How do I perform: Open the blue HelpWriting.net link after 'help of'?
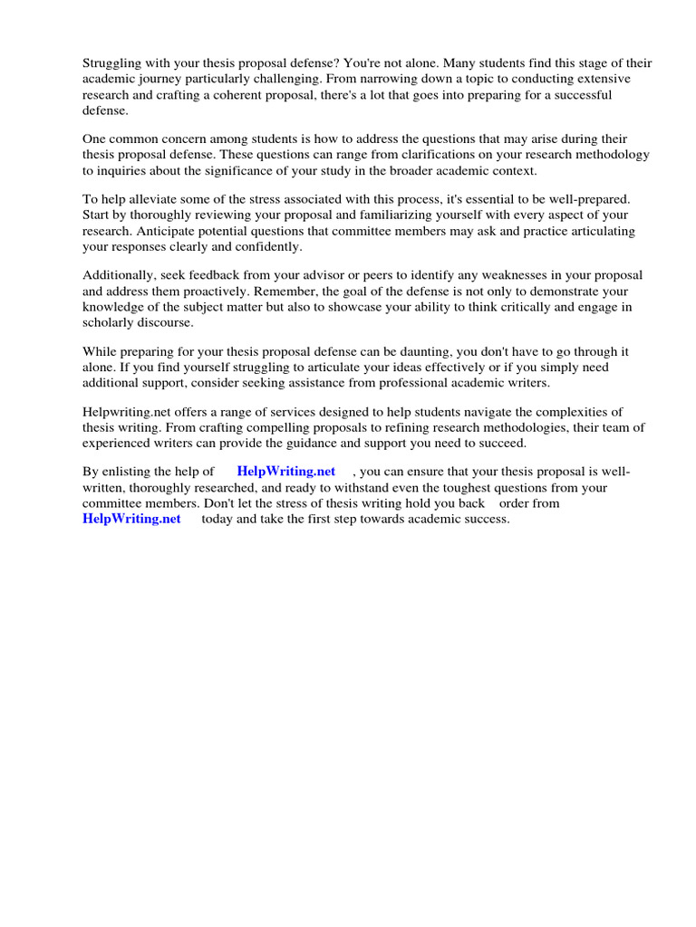(x=285, y=472)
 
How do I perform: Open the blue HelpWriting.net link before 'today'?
(x=131, y=519)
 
